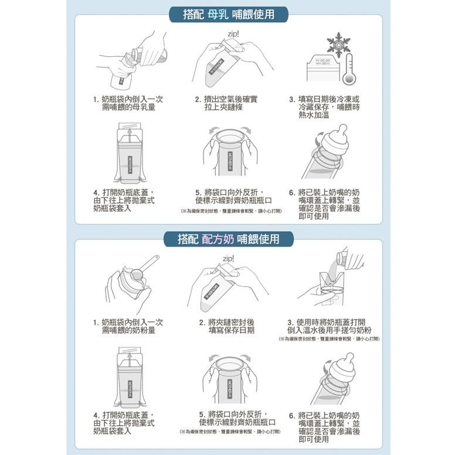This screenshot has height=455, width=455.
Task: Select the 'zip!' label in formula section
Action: point(229,259)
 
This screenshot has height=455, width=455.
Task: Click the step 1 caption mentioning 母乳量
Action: point(128,103)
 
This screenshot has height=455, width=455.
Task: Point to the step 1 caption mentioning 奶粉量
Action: point(128,326)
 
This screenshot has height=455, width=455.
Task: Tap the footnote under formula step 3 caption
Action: point(329,339)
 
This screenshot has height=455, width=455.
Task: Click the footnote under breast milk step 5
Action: point(230,210)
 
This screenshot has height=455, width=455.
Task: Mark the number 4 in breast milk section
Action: point(96,192)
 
